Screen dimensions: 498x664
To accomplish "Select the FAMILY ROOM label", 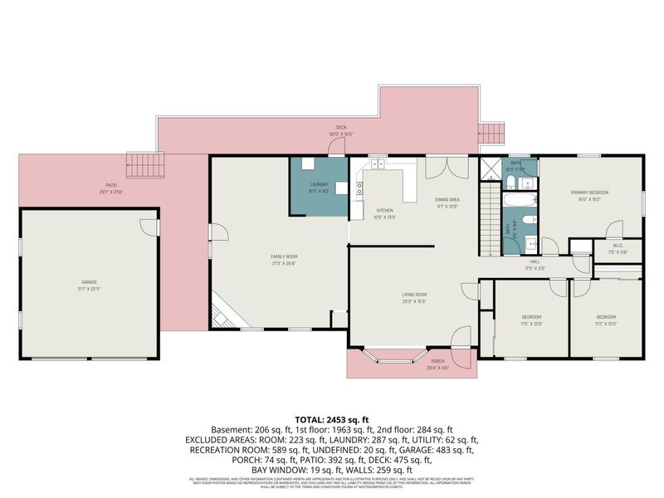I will click(283, 260).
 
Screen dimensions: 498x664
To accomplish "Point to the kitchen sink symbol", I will click(378, 164).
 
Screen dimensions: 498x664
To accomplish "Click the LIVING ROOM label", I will click(414, 296).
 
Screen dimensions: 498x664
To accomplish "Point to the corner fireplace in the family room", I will click(222, 315).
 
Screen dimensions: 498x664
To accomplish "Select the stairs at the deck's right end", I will click(491, 133).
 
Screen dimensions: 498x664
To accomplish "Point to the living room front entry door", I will click(459, 338).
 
